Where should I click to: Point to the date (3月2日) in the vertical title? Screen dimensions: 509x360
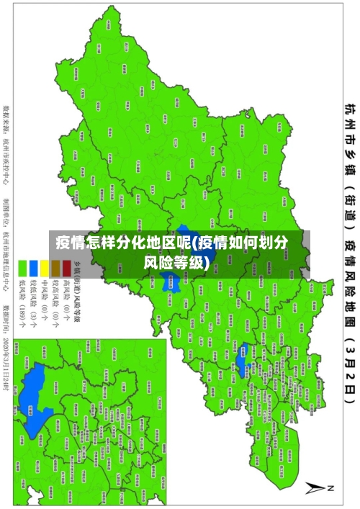click(x=348, y=374)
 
